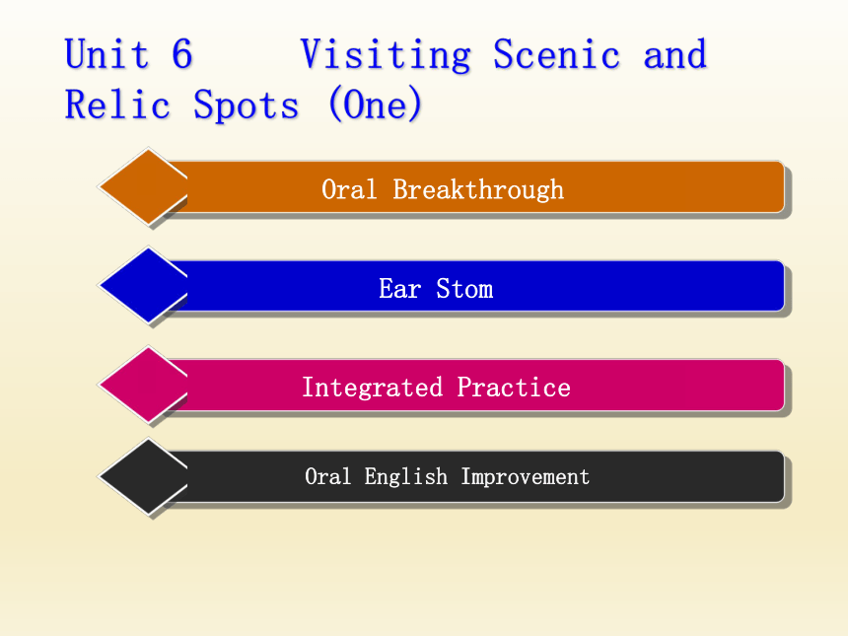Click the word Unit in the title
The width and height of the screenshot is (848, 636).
pyautogui.click(x=106, y=54)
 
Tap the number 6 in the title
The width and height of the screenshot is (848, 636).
pyautogui.click(x=182, y=54)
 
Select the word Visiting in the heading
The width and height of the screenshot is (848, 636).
pyautogui.click(x=386, y=55)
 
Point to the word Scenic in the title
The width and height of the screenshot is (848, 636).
pyautogui.click(x=556, y=54)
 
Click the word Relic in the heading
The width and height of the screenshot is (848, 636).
pyautogui.click(x=117, y=105)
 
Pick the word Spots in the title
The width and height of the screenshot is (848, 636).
pyautogui.click(x=247, y=106)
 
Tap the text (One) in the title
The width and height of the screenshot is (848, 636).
pyautogui.click(x=375, y=105)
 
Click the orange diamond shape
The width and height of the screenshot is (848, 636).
pyautogui.click(x=143, y=186)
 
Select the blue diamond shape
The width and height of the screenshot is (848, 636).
pyautogui.click(x=143, y=286)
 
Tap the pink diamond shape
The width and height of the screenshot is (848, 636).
pyautogui.click(x=143, y=385)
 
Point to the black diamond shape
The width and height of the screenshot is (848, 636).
pyautogui.click(x=143, y=476)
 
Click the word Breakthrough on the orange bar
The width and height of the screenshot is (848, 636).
pyautogui.click(x=478, y=190)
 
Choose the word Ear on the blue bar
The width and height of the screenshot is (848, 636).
pyautogui.click(x=399, y=289)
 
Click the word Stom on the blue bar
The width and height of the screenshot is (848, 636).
pyautogui.click(x=464, y=289)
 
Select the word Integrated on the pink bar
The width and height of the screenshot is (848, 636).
pyautogui.click(x=372, y=388)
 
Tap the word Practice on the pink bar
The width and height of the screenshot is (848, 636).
pyautogui.click(x=514, y=388)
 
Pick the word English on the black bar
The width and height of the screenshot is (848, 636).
pyautogui.click(x=406, y=477)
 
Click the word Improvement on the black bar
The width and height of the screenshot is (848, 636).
pyautogui.click(x=526, y=477)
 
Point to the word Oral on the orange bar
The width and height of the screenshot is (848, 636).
pyautogui.click(x=349, y=190)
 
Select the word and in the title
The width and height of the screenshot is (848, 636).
pyautogui.click(x=674, y=54)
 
